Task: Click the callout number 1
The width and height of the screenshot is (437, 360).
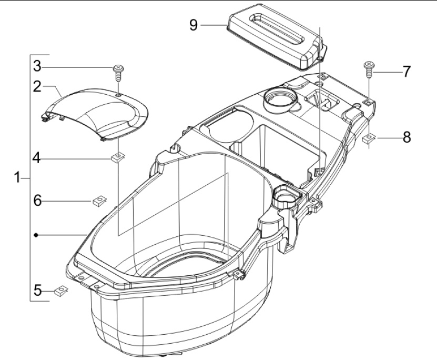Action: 17,177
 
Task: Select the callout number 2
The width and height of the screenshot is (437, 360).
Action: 37,86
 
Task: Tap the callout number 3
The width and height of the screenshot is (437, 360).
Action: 37,66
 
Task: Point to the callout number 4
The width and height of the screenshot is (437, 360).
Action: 37,158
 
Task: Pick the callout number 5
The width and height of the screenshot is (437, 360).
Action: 38,290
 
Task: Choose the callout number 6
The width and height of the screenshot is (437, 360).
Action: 38,200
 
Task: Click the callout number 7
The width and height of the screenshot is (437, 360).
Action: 407,72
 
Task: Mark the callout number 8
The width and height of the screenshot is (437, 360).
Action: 407,137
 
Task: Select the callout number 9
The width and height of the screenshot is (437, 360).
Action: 194,25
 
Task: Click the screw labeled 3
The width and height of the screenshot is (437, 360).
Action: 118,73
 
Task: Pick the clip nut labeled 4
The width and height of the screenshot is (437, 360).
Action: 118,157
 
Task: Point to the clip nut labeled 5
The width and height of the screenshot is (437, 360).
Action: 61,291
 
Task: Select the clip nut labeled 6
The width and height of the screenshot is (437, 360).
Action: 99,201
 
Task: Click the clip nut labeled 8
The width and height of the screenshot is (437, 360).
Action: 369,138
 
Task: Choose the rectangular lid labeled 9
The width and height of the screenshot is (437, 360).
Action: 277,37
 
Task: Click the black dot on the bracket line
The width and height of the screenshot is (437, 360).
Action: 36,235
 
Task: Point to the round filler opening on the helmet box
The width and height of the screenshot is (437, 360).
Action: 280,101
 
